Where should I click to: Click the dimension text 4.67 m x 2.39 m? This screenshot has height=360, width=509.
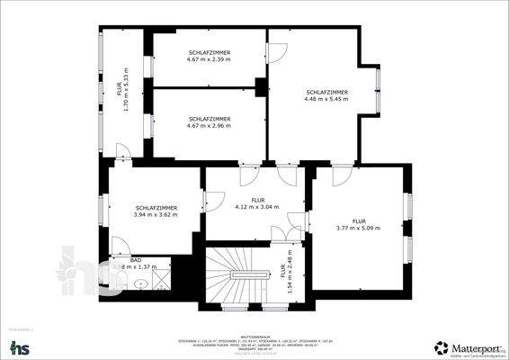(210, 60)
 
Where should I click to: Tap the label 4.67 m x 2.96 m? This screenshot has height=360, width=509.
(210, 125)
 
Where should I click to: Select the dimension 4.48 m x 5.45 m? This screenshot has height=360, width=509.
(327, 100)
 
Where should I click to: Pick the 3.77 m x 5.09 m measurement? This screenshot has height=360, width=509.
(359, 228)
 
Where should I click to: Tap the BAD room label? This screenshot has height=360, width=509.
(136, 259)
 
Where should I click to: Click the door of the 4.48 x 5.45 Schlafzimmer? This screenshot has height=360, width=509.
(277, 52)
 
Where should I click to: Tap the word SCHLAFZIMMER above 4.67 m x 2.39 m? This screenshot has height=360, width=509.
(210, 53)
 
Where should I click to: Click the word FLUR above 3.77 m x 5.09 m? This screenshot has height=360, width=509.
(359, 220)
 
